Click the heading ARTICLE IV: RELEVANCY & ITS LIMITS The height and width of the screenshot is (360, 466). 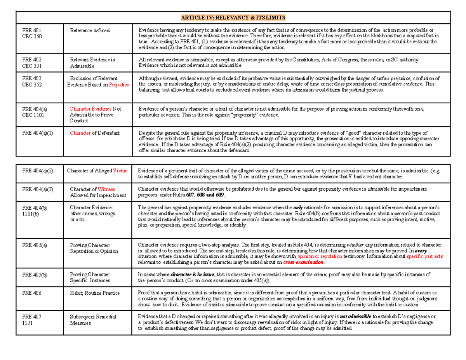tap(233, 17)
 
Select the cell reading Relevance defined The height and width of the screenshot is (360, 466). tap(90, 30)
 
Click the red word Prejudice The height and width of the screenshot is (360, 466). tap(119, 84)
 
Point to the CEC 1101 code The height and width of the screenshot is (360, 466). tap(31, 115)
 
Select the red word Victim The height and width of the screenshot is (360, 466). tap(120, 170)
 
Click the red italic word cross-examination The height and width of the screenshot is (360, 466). tap(303, 263)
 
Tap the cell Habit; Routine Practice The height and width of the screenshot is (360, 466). tap(95, 293)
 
